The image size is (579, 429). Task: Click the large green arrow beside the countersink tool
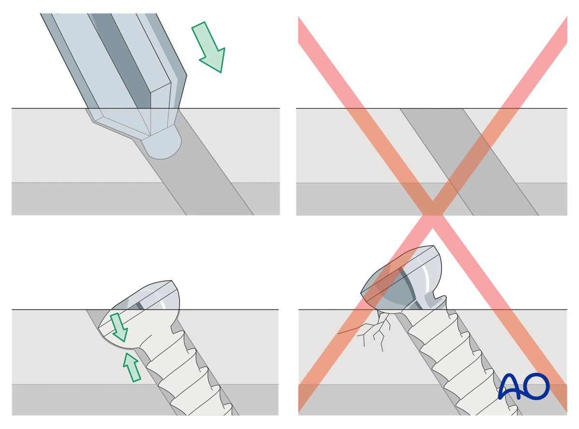point(209,47)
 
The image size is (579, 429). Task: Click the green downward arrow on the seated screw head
point(118,327)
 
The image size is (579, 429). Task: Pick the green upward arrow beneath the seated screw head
point(132,366)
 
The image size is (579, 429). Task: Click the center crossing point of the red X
point(432,209)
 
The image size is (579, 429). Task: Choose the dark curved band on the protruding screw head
point(406,289)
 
